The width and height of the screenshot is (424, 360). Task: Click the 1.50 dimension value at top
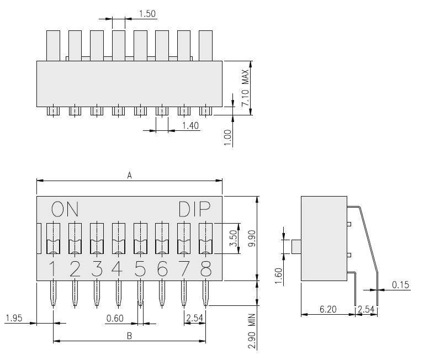[x=147, y=13]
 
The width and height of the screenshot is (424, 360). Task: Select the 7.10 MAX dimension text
[x=245, y=88]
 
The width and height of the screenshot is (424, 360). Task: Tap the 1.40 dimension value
[x=190, y=126]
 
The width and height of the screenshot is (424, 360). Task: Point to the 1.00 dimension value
[x=227, y=138]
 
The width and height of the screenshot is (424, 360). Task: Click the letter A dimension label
[x=130, y=176]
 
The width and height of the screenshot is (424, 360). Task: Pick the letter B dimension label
[x=130, y=336]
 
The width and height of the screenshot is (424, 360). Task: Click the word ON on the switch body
[x=65, y=209]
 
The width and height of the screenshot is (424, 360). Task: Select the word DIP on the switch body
[x=194, y=209]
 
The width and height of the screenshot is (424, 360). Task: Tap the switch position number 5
[x=140, y=269]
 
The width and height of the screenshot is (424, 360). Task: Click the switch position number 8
[x=205, y=269]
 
